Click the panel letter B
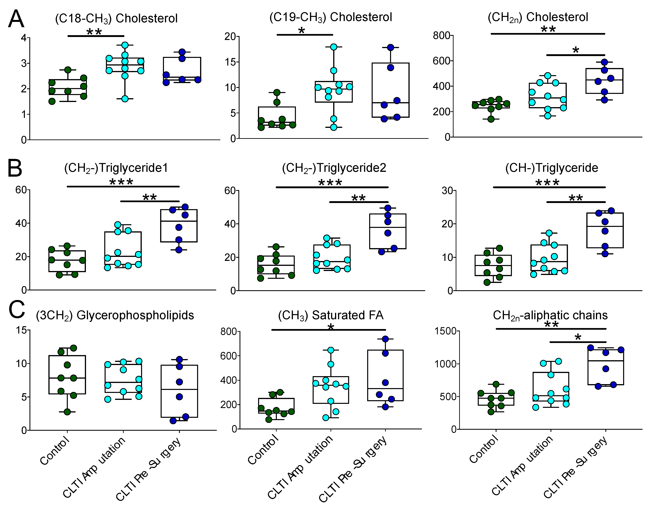click(15, 168)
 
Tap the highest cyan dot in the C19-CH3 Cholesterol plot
click(334, 47)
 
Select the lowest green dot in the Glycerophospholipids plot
click(67, 412)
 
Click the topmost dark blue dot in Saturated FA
click(385, 339)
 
